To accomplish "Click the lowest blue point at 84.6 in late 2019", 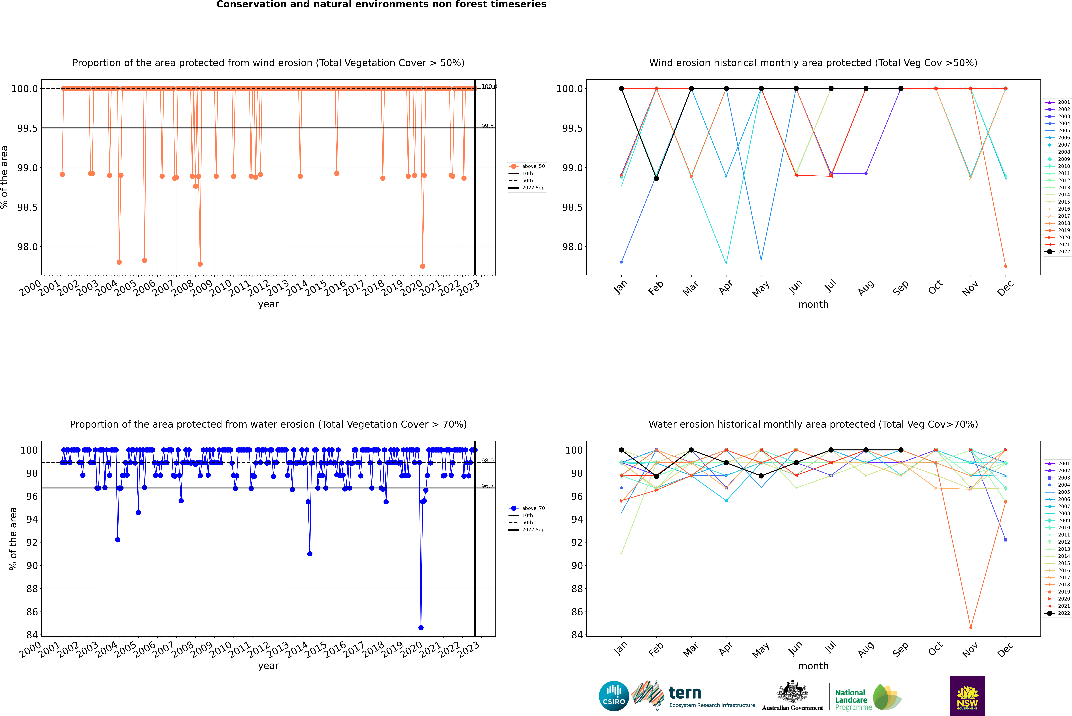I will pos(421,627).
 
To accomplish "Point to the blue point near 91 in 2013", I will pos(310,553).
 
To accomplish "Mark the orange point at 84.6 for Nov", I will pos(971,627).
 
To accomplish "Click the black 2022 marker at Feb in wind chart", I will pos(656,178).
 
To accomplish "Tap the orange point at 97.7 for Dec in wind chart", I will pos(1005,266).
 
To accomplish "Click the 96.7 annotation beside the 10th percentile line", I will pos(487,486).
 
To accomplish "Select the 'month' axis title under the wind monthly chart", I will pos(813,305).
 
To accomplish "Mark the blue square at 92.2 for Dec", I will pos(1005,540).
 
